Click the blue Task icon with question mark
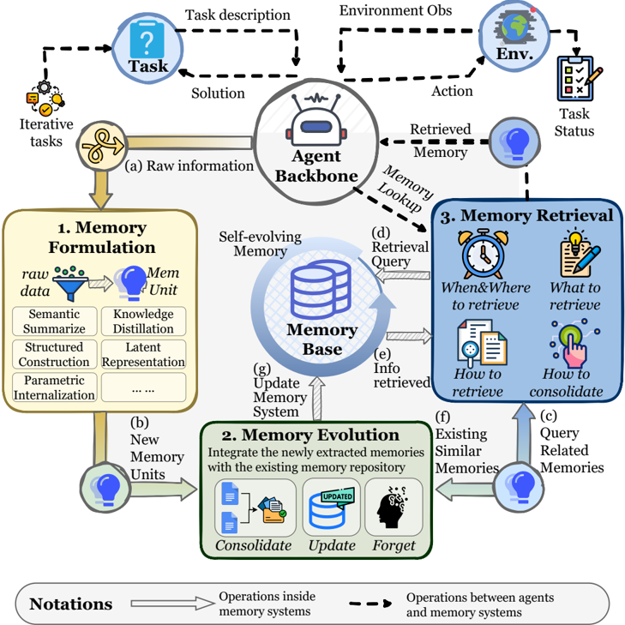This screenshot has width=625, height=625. coord(147,39)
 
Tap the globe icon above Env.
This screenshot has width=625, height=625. coord(515,27)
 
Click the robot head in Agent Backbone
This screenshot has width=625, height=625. coord(316,120)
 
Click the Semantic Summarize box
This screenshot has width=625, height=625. coord(55,322)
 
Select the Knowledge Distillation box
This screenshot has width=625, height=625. coord(143,322)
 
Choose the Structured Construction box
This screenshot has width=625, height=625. coord(55,354)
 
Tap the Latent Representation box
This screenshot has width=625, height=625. coord(143,354)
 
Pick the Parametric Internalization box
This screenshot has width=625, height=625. coord(55,387)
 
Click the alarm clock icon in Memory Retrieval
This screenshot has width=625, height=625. coord(483,254)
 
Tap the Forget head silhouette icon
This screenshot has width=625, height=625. coord(392,506)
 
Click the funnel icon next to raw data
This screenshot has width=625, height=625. coord(70,283)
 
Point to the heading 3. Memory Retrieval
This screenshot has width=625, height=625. coord(527,216)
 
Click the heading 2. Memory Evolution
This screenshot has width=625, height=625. coord(310,435)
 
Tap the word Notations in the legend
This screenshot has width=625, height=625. coord(71,604)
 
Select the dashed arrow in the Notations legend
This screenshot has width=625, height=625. coord(370,604)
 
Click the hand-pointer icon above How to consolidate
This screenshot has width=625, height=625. coord(574,343)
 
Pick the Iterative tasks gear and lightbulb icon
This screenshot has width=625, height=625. coord(45,99)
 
